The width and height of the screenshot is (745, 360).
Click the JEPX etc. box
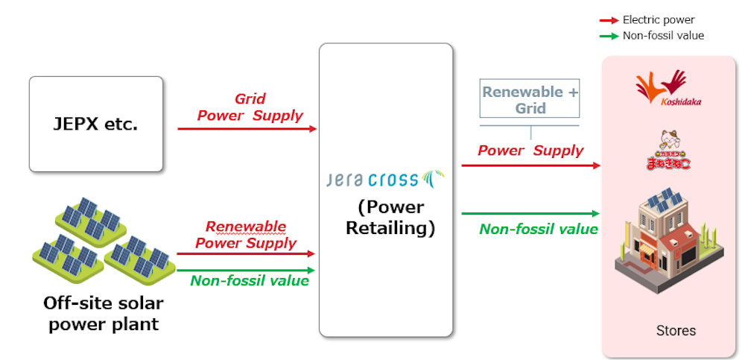[x=95, y=124]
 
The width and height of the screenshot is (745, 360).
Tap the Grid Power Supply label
[x=250, y=107]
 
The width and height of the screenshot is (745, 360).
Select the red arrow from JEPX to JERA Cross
[x=247, y=129]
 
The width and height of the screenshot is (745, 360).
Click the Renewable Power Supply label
[x=246, y=235]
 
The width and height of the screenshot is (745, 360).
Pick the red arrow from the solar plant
[x=246, y=253]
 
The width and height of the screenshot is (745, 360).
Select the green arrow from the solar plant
[x=246, y=270]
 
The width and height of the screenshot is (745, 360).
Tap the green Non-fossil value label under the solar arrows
[x=250, y=281]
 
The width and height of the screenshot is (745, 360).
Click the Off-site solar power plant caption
[x=102, y=313]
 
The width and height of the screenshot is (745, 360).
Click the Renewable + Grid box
[x=530, y=99]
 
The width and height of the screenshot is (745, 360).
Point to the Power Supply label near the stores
[x=530, y=151]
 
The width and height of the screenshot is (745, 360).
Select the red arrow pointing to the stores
[x=530, y=165]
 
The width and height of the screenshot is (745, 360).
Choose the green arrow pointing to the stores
[x=530, y=213]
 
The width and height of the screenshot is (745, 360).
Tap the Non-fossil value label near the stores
[x=538, y=229]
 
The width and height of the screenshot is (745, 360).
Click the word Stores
[x=676, y=330]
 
